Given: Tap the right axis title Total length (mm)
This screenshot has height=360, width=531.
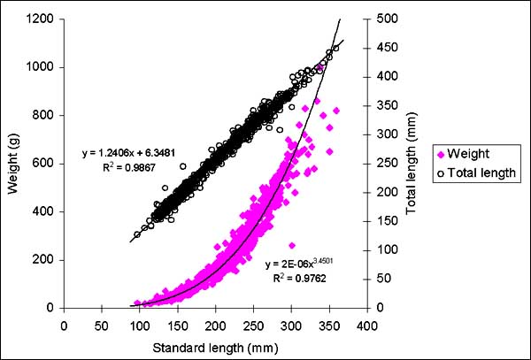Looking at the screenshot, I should pyautogui.click(x=412, y=162).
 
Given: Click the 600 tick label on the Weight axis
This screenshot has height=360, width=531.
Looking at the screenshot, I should pyautogui.click(x=44, y=164).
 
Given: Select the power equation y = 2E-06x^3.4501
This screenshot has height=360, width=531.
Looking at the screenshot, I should pyautogui.click(x=309, y=264).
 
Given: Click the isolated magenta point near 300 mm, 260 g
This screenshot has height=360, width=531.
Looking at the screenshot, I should pyautogui.click(x=292, y=245).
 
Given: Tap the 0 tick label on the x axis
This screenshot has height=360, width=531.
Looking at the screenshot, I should pyautogui.click(x=64, y=324).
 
